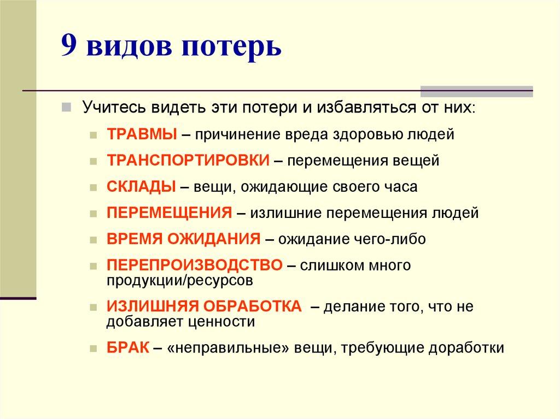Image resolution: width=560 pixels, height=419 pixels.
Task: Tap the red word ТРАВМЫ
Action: [x=142, y=134]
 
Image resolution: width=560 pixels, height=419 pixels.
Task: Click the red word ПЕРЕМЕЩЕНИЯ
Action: [x=170, y=213]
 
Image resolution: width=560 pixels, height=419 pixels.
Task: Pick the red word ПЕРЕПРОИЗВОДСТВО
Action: [x=195, y=265]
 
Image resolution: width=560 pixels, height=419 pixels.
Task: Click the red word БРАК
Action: [x=128, y=348]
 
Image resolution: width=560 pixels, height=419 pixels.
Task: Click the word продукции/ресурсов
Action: [x=180, y=281]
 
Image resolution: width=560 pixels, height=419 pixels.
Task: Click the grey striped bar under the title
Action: [x=476, y=91]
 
